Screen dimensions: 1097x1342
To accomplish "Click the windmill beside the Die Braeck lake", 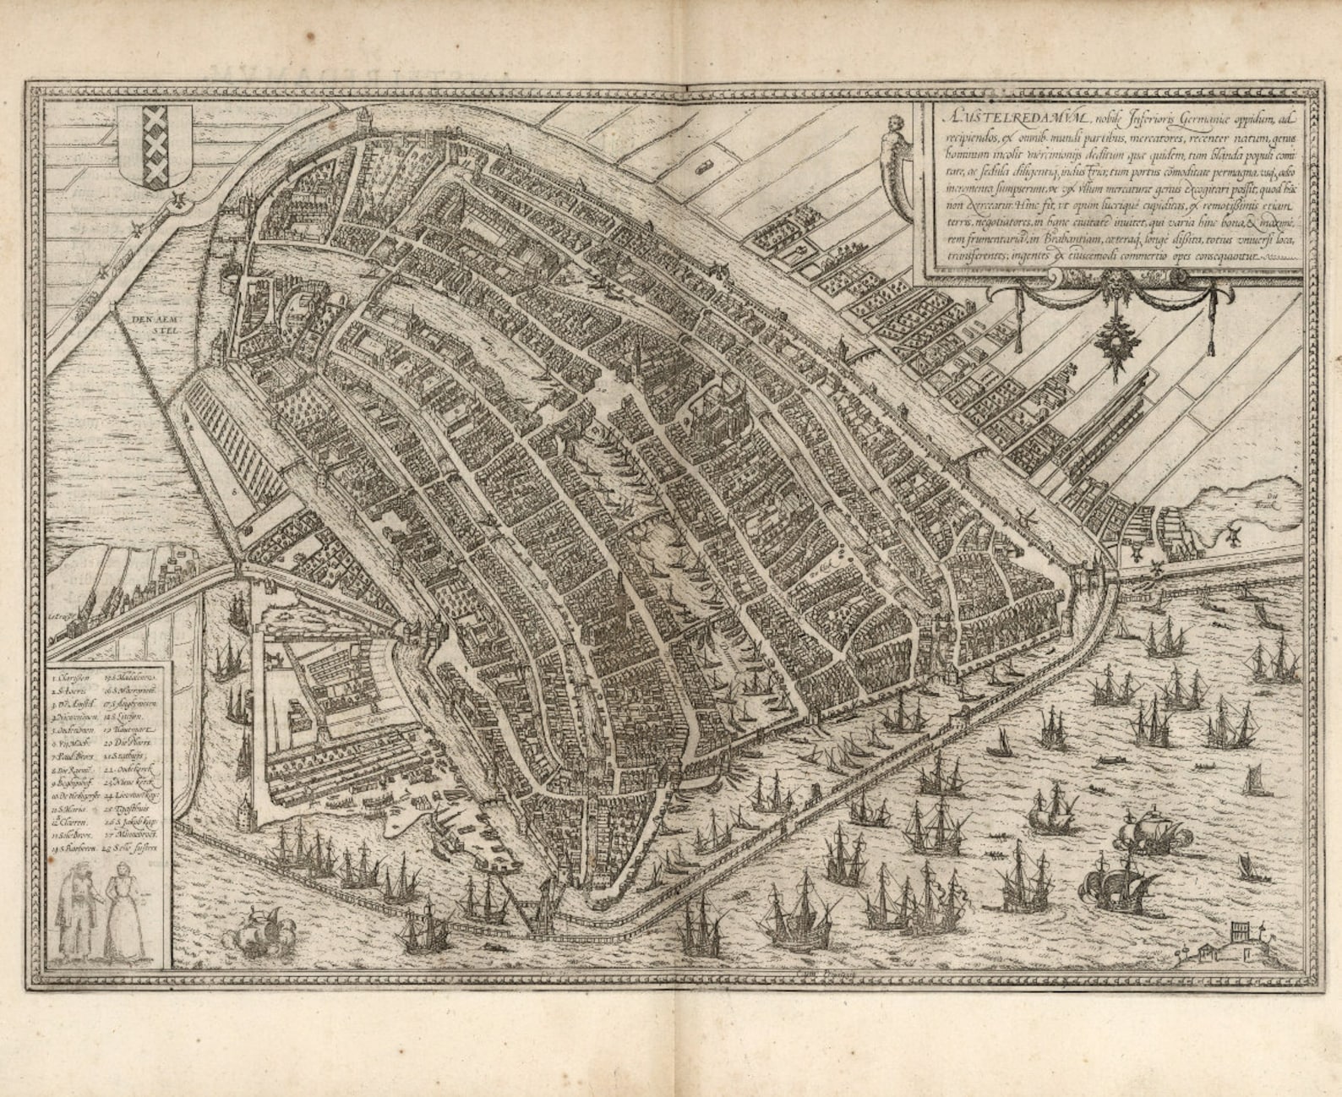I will tap(1231, 534).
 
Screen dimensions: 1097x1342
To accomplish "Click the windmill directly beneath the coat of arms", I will tap(179, 201).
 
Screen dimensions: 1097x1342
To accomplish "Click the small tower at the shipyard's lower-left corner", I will tap(245, 813).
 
